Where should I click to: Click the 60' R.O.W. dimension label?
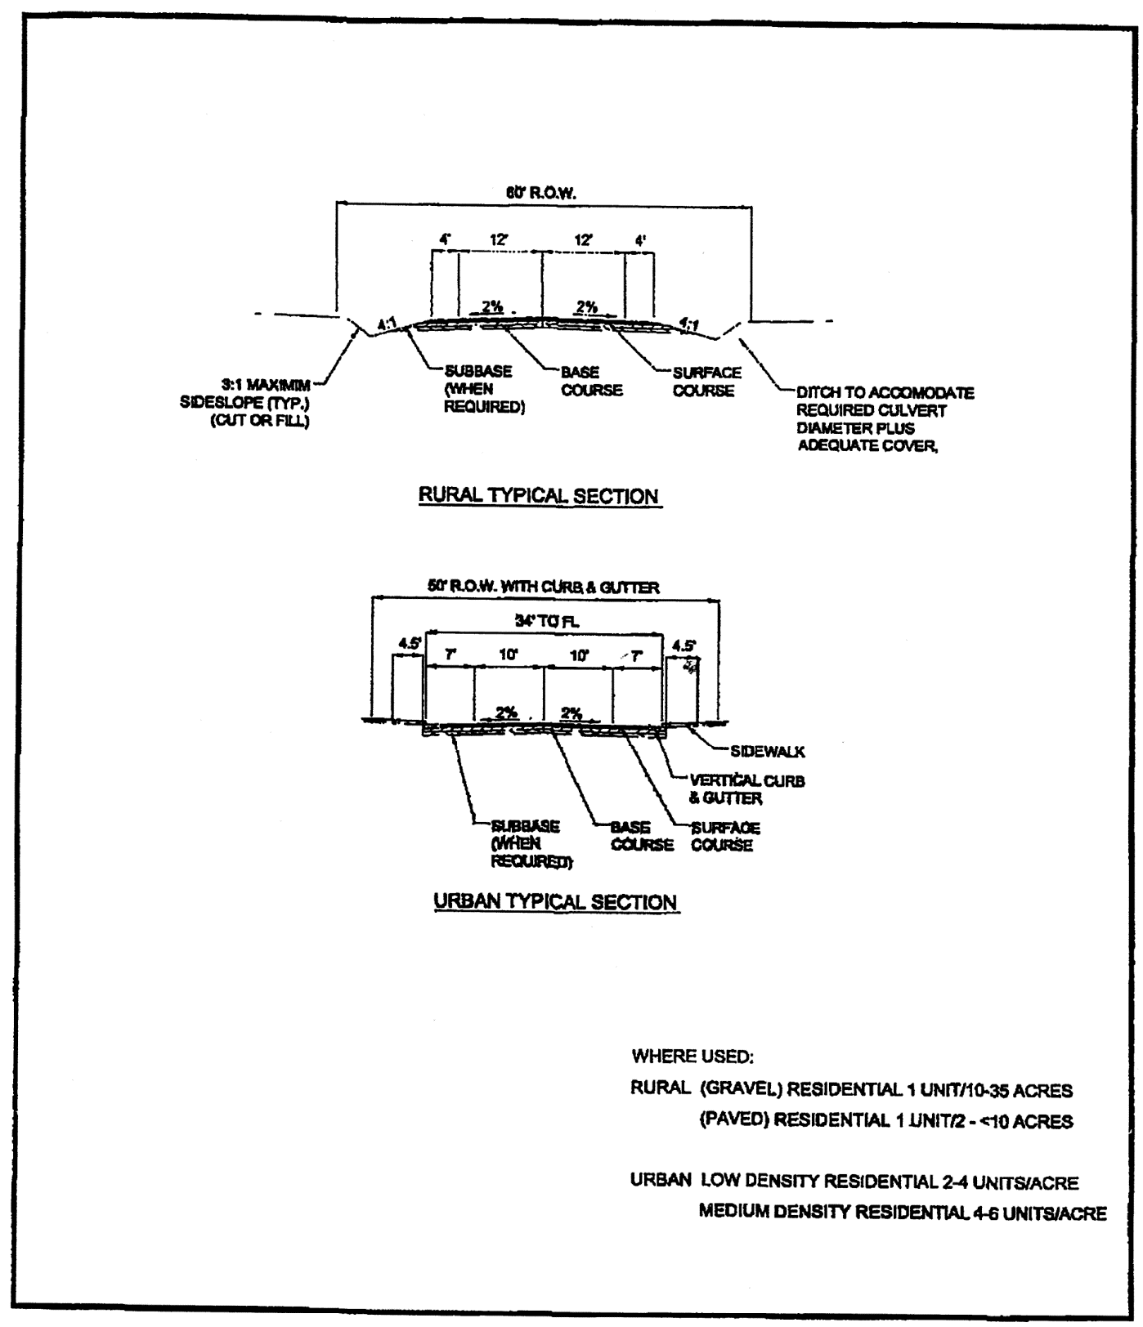coord(541,193)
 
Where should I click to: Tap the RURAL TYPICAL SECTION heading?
coord(539,496)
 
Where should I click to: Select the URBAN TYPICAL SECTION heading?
coord(555,902)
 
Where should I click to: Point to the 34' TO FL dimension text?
coord(547,622)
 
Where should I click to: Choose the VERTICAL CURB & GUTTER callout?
coord(746,789)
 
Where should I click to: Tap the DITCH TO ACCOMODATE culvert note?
coord(885,419)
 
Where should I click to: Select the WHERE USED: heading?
coord(693,1057)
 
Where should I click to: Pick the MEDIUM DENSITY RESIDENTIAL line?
coord(902,1213)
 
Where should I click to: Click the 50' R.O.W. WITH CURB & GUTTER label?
coord(543,588)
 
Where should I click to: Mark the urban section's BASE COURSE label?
coord(642,836)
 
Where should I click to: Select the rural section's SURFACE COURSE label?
coord(707,382)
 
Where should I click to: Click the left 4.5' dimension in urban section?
coord(408,644)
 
